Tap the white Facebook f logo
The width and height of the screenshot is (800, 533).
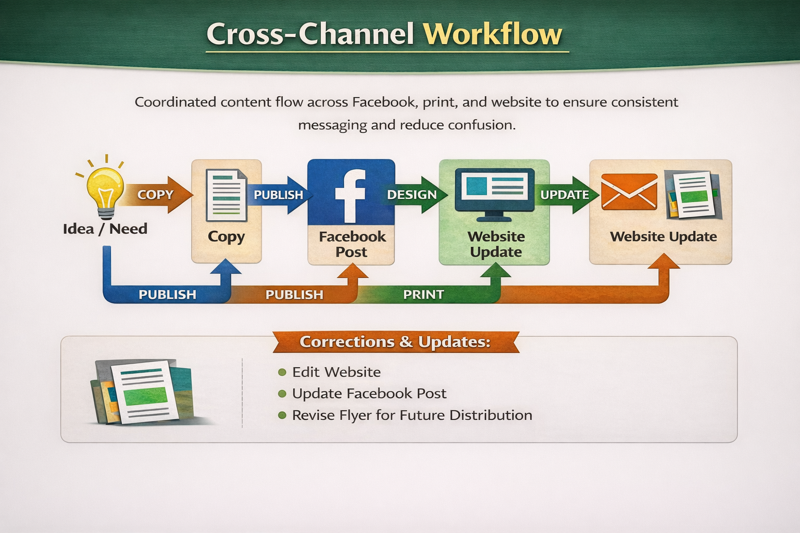coord(350,196)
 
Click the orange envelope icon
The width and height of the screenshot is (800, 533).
coord(629,192)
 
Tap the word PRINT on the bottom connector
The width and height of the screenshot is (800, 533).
coord(423,295)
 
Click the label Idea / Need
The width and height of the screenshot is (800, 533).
coord(105,229)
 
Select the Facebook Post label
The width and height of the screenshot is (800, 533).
coord(352,244)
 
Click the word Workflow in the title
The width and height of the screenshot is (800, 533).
coord(492,34)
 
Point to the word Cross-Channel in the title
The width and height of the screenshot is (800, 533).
coord(310,34)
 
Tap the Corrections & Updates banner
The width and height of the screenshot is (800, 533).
coord(395,342)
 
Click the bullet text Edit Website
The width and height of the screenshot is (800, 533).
coord(336,372)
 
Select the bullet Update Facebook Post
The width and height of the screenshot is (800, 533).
coord(369,394)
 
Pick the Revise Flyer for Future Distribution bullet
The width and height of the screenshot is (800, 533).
coord(411,415)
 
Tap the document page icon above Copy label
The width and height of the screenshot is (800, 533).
coord(226,196)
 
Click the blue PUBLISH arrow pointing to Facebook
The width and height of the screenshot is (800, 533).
coord(279,195)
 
